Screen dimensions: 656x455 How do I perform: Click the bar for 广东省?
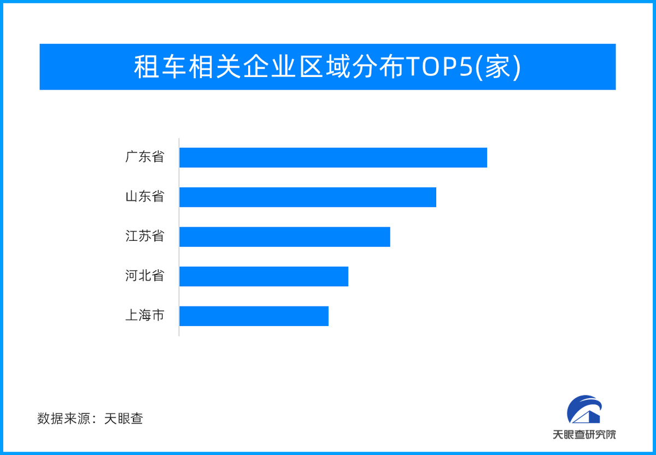coord(333,158)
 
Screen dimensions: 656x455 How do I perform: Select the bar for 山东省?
coord(308,197)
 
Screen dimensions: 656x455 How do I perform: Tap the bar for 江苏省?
coord(285,237)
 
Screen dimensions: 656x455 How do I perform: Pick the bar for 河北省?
coord(264,276)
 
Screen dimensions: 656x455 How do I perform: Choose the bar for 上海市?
coord(254,316)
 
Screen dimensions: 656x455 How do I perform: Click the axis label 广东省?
coord(145,157)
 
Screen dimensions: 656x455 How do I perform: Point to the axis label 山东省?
coord(145,196)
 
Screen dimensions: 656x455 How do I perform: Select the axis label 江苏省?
coord(145,236)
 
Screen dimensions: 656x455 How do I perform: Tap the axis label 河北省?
coord(145,276)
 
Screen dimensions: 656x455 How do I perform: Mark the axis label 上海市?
coord(145,315)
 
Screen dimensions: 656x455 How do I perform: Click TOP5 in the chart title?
coord(440,67)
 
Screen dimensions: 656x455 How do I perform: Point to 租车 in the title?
coord(160,67)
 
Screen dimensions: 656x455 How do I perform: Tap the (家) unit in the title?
coord(497,67)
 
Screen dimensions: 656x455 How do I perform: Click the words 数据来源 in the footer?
coord(63,418)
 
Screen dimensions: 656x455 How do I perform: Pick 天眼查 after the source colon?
coord(124,418)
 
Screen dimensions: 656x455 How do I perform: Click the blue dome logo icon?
coord(584,409)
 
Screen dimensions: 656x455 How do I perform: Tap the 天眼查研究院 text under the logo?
coord(584,435)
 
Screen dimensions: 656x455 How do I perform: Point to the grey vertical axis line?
coord(179,237)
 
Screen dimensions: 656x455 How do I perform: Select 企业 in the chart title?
coord(270,67)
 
